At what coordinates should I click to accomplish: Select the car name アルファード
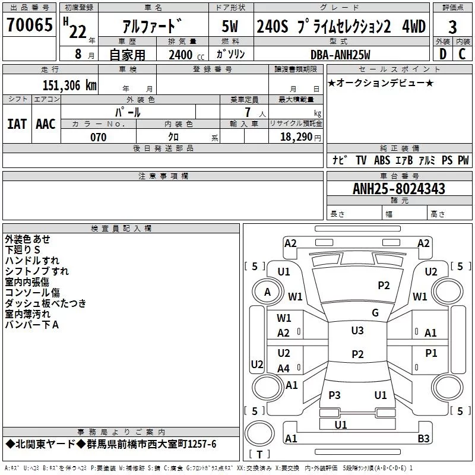[152, 27]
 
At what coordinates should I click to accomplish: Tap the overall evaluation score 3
[452, 27]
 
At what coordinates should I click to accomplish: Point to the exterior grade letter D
[442, 54]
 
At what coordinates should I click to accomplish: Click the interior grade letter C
[462, 54]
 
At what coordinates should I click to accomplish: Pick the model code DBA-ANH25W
[340, 55]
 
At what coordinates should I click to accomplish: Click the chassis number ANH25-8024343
[399, 189]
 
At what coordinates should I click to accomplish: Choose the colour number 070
[99, 137]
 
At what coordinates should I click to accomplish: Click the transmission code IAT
[17, 124]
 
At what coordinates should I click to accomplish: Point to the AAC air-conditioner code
[46, 124]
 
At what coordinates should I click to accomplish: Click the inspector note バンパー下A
[32, 325]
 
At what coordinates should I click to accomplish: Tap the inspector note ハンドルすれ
[32, 261]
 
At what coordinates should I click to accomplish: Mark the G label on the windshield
[375, 313]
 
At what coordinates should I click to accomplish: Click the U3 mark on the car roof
[357, 331]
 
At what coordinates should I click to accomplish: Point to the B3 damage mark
[423, 439]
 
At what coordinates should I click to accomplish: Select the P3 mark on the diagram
[334, 395]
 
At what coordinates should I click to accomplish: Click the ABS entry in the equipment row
[382, 160]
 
